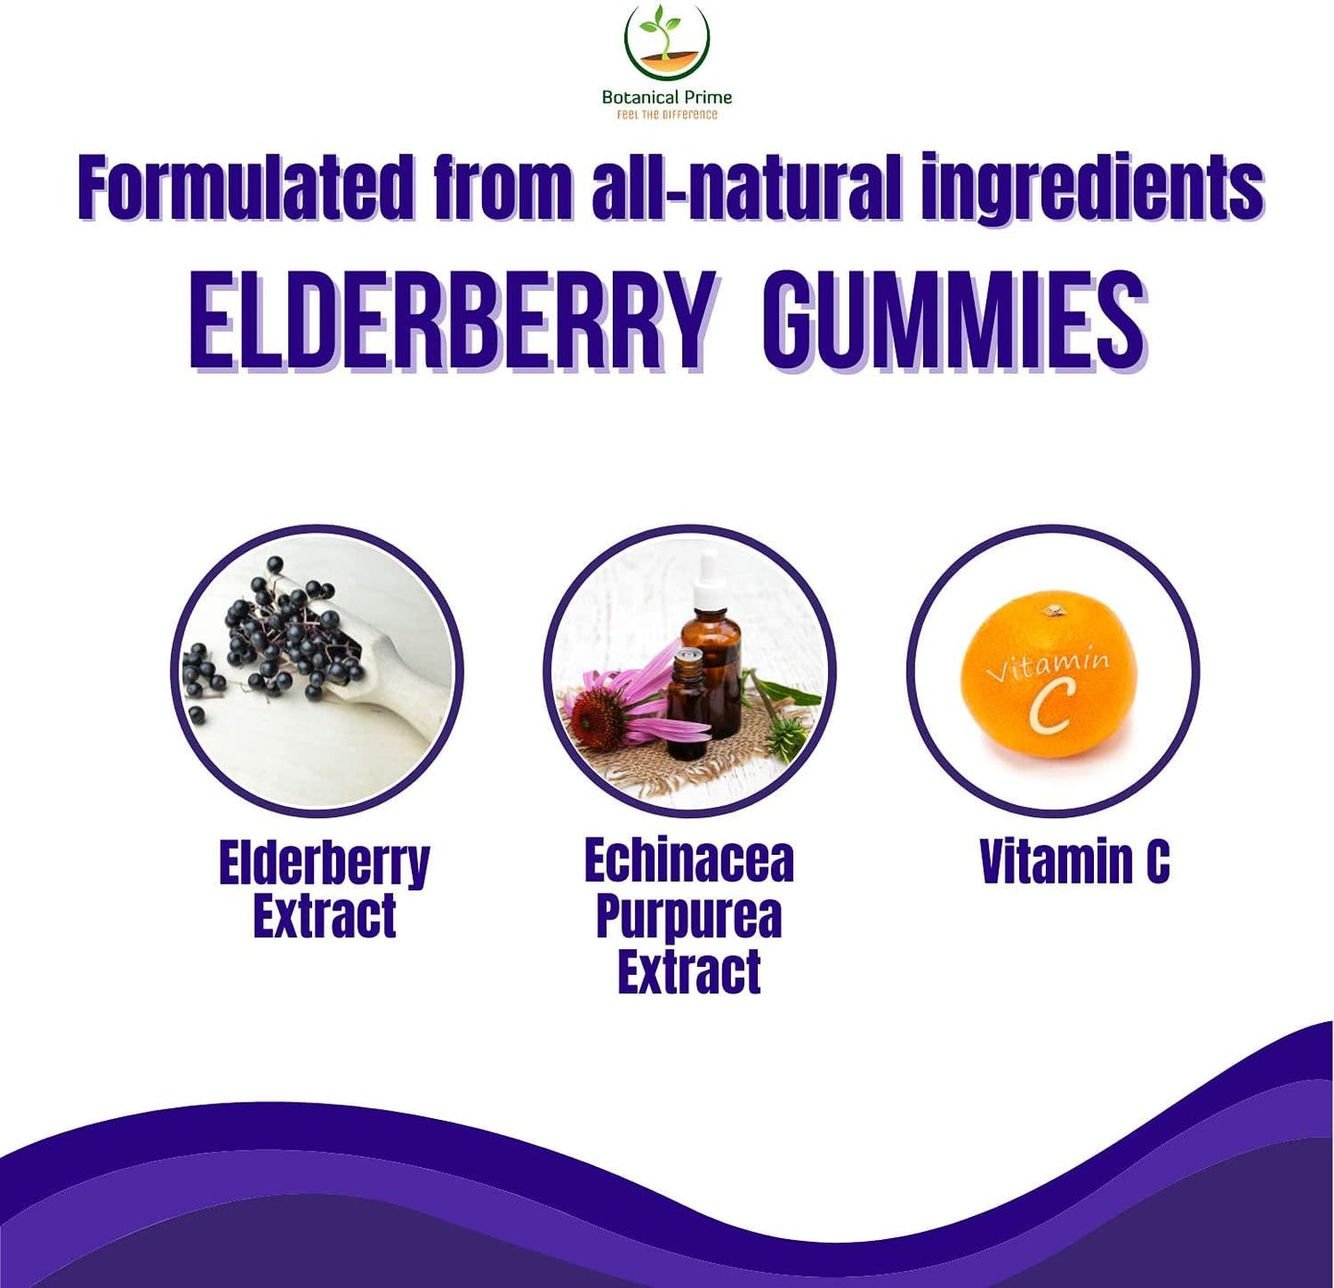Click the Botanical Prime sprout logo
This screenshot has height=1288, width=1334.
[667, 42]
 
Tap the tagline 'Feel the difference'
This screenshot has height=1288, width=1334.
[667, 114]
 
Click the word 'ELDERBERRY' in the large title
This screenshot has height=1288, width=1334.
[452, 321]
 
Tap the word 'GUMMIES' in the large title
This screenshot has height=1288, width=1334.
[953, 321]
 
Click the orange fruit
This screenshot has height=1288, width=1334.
[1049, 674]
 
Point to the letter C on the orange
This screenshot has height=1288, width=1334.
[1052, 706]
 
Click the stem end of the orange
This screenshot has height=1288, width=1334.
[1053, 610]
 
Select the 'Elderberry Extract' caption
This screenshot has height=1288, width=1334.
[324, 888]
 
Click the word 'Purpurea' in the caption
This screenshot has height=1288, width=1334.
[689, 916]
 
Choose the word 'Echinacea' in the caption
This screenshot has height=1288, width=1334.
[689, 861]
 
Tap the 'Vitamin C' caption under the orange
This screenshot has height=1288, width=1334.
[1075, 861]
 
